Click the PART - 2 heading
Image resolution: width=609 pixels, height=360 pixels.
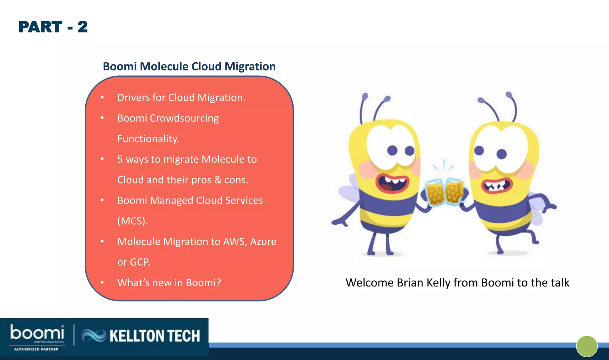pyautogui.click(x=53, y=27)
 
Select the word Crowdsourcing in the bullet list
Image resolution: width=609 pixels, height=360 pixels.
pyautogui.click(x=184, y=118)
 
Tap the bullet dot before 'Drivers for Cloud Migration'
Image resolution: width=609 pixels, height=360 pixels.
pyautogui.click(x=102, y=97)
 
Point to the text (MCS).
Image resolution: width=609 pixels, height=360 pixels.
pyautogui.click(x=132, y=221)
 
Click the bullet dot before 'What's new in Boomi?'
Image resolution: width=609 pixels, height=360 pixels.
pyautogui.click(x=102, y=282)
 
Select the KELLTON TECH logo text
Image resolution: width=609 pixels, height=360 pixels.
pyautogui.click(x=155, y=336)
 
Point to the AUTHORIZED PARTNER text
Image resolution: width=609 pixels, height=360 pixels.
pyautogui.click(x=36, y=349)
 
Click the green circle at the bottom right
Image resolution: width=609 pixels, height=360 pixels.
pyautogui.click(x=587, y=346)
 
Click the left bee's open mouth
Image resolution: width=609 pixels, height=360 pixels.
pyautogui.click(x=392, y=182)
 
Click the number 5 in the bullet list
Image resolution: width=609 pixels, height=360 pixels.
pyautogui.click(x=120, y=159)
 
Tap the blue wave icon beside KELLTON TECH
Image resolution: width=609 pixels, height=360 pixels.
pyautogui.click(x=93, y=336)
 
